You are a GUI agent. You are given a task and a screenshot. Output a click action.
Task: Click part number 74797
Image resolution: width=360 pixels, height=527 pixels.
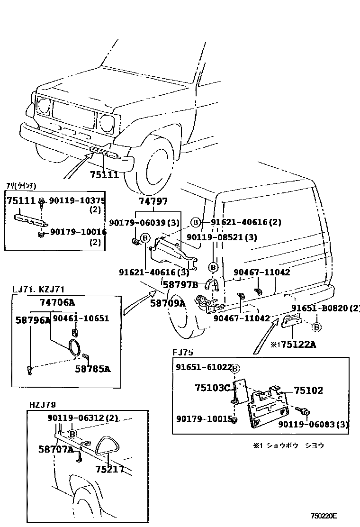pos(153,201)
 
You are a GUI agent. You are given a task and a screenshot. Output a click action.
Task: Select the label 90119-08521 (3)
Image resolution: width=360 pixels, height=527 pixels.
pos(221,237)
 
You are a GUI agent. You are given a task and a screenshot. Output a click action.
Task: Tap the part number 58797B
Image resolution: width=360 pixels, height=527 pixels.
pos(180,284)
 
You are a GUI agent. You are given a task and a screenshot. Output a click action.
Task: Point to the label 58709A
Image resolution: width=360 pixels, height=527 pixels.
pos(168,303)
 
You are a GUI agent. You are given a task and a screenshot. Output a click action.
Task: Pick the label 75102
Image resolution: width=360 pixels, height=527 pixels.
pos(308,391)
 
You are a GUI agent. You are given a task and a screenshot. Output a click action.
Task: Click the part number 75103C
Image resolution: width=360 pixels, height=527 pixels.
pos(212,388)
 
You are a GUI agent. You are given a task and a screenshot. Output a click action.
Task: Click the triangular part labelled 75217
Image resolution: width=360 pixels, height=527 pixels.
pos(109,445)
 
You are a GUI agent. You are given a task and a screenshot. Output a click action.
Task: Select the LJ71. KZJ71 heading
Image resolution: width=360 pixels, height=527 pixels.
pos(38,289)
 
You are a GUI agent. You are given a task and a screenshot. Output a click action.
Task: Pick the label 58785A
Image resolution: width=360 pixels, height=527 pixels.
pos(92,369)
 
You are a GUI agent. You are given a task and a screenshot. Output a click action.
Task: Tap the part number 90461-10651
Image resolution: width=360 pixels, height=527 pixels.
pos(81,318)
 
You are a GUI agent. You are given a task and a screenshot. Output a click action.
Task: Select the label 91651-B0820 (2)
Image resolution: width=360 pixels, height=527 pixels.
pos(325,309)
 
